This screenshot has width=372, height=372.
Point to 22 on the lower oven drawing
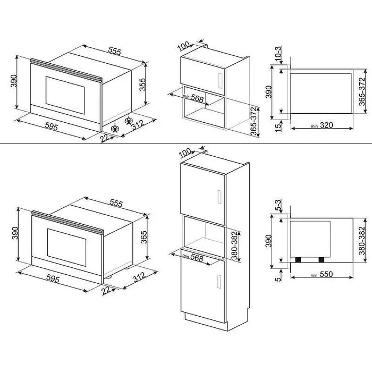(x=108, y=289)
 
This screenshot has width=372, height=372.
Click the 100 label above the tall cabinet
(x=184, y=154)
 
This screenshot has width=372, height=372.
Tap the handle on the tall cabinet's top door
(x=218, y=197)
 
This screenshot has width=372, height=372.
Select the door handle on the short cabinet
(x=219, y=79)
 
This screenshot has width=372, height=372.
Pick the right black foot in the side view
(x=321, y=259)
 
